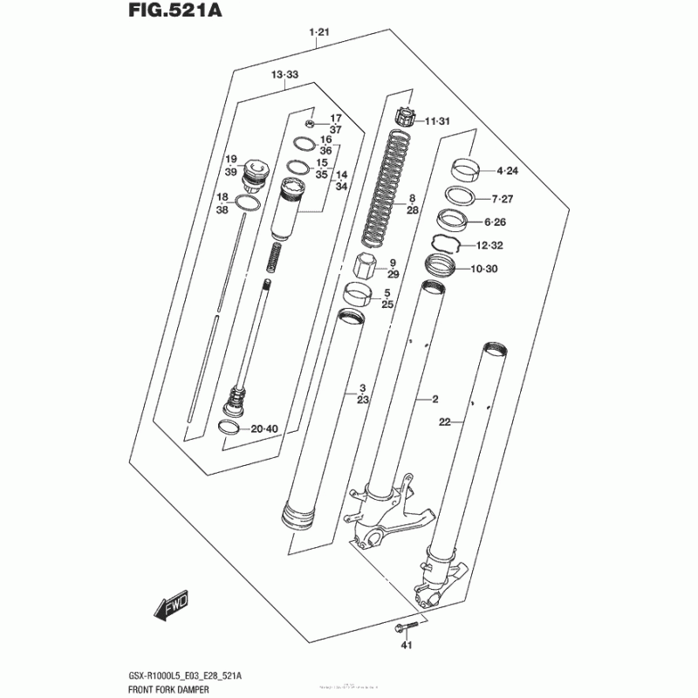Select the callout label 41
(405, 646)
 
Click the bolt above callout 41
(407, 626)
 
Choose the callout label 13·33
(284, 76)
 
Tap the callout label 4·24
(507, 170)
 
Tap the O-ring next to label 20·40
(228, 428)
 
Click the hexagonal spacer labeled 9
(366, 265)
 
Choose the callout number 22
(444, 422)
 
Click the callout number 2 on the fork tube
(434, 400)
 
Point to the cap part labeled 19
(257, 171)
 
